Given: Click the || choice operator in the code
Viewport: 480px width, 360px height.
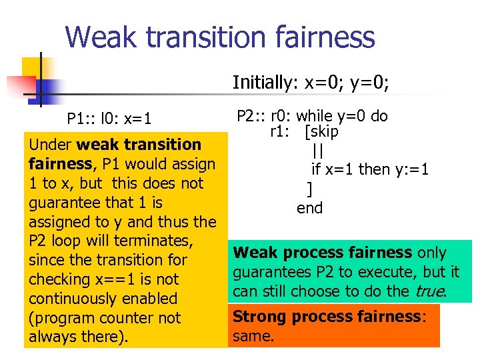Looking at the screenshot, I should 317,151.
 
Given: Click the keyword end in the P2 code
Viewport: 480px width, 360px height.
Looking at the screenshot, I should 310,208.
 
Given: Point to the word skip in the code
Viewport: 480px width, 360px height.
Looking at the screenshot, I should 325,132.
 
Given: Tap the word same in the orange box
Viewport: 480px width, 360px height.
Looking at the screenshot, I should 253,336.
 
